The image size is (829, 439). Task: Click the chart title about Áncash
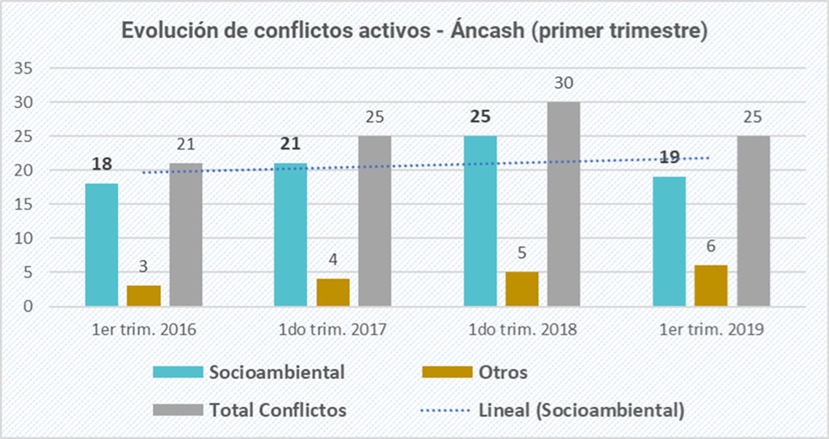point(414,31)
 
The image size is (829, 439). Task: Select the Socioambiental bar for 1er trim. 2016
point(101,245)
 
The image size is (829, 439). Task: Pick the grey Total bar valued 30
point(564,203)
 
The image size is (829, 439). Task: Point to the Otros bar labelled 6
point(711,285)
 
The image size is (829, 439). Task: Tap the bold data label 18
point(102,164)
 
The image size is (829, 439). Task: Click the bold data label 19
point(669,156)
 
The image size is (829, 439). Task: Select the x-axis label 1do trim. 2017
point(333,330)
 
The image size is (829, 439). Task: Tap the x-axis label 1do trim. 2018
point(523,330)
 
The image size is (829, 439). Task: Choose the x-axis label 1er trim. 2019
point(711,330)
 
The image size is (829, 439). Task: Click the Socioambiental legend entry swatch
point(178,372)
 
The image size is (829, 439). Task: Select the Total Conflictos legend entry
point(279,410)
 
